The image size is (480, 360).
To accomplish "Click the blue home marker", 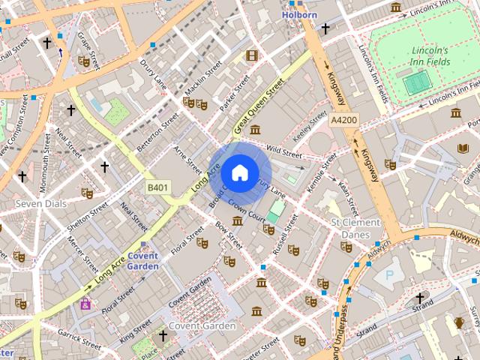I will (x=239, y=172).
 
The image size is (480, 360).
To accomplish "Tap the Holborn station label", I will (x=300, y=14).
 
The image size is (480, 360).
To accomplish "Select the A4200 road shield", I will (x=343, y=119).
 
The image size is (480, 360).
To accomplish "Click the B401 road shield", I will (x=157, y=186).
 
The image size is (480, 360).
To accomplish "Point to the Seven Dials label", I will (x=40, y=203).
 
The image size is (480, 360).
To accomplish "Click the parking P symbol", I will (x=388, y=275).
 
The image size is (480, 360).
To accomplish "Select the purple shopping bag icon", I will (x=85, y=304).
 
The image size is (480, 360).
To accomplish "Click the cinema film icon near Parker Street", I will (x=251, y=55).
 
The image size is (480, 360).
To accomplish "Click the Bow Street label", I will (x=229, y=235).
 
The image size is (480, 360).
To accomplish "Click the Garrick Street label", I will (x=79, y=341).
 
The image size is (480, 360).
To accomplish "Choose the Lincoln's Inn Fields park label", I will (x=429, y=52).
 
